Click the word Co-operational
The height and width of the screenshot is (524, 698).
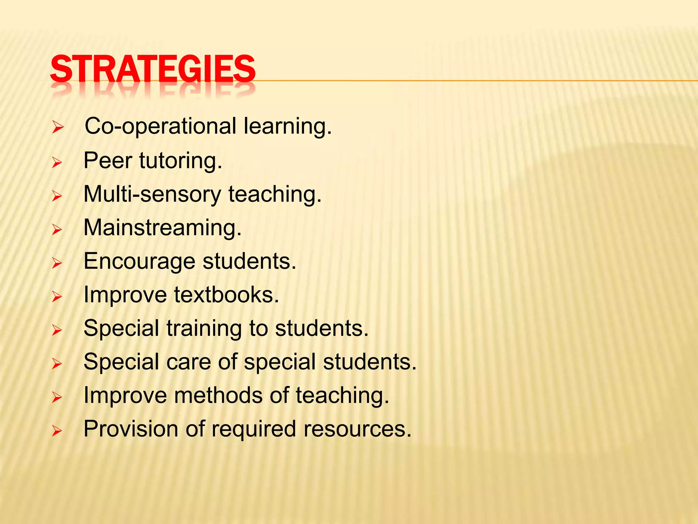[x=160, y=126]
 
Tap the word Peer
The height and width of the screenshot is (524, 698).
[x=108, y=160]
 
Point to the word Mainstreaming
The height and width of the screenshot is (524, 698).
[x=163, y=228]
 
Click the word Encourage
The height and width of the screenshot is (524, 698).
[x=139, y=262]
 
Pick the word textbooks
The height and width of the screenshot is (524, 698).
[x=227, y=294]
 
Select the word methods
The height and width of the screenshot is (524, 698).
[x=218, y=395]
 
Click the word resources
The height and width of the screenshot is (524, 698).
[x=358, y=429]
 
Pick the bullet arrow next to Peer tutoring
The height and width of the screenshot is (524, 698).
[x=57, y=163]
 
